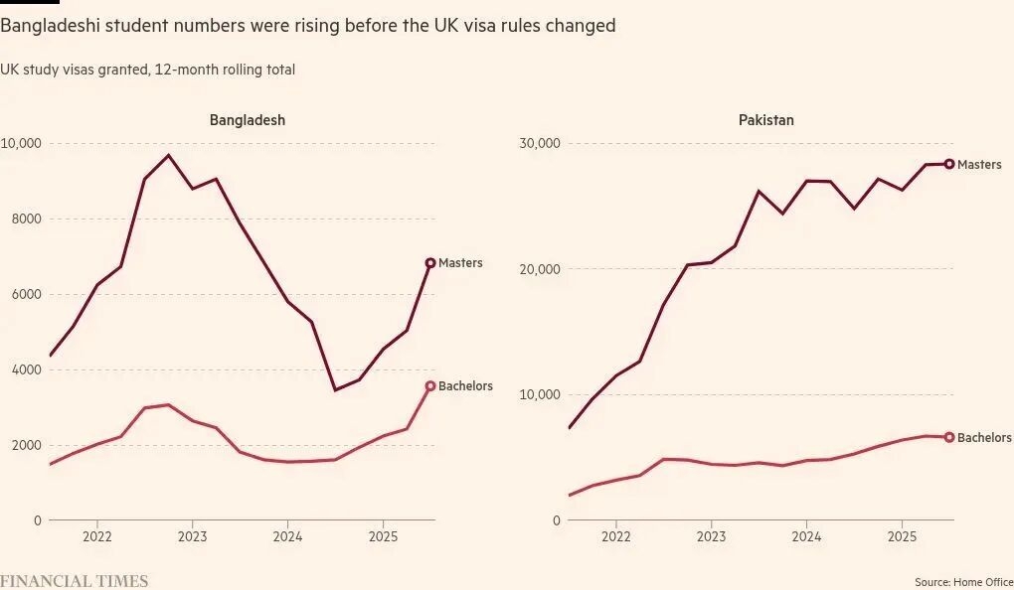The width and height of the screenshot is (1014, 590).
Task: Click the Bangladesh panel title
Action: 247,120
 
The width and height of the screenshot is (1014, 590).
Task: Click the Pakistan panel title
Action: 765,120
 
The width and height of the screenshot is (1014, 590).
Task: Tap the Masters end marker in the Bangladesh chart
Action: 430,263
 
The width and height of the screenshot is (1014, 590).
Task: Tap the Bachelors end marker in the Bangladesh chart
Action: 430,386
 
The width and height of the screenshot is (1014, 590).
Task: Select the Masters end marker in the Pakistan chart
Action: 949,164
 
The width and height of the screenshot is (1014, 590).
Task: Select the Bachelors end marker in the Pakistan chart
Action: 949,437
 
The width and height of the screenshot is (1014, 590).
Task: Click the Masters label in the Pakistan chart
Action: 979,164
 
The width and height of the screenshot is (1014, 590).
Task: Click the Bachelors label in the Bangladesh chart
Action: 465,386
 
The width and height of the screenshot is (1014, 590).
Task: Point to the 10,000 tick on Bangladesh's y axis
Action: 21,143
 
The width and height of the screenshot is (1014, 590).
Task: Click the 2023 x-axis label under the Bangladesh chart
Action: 192,536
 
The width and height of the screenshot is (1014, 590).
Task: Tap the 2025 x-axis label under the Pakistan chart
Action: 901,536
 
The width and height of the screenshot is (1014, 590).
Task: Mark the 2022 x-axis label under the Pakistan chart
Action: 615,536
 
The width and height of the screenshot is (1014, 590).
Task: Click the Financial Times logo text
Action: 74,581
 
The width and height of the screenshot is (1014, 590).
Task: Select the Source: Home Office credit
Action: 963,581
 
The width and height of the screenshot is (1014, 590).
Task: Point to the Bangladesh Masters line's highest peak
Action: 168,155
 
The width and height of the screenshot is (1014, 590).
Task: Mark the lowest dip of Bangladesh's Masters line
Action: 335,389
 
